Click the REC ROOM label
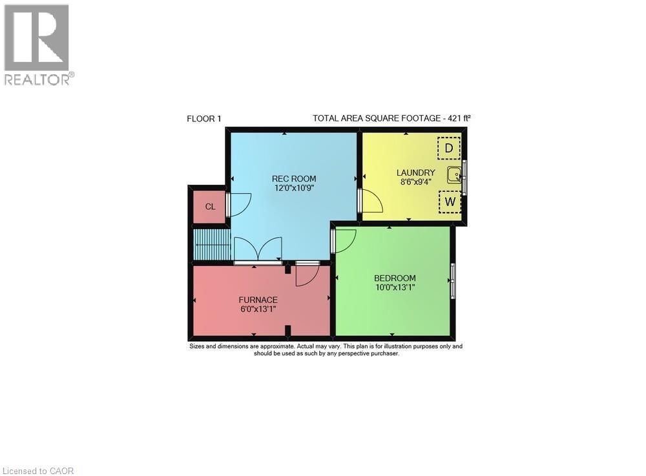click(294, 179)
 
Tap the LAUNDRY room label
click(415, 172)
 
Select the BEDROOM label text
click(395, 278)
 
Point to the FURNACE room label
click(258, 300)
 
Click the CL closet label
click(210, 207)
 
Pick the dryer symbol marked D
click(449, 149)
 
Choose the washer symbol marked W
click(450, 202)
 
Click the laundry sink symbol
click(455, 174)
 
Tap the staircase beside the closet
click(212, 245)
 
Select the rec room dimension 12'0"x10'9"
click(294, 189)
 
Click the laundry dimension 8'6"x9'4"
click(415, 183)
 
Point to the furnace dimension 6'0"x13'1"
click(258, 310)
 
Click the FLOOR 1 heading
click(203, 118)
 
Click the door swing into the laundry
click(371, 202)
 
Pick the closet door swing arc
click(240, 205)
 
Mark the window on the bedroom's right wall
click(453, 281)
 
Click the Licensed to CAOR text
click(37, 471)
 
